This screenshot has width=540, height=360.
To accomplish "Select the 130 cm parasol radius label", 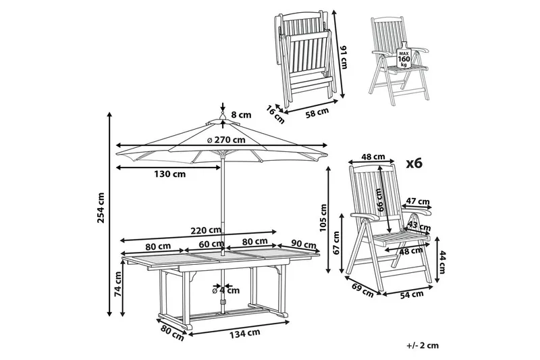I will tap(169, 174).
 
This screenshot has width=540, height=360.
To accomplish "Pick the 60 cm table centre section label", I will tap(211, 244).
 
